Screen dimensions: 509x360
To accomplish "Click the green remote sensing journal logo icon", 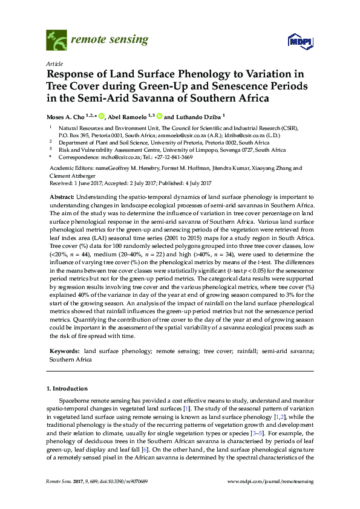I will tap(56, 41).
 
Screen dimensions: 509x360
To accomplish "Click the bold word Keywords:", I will tap(64, 351).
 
